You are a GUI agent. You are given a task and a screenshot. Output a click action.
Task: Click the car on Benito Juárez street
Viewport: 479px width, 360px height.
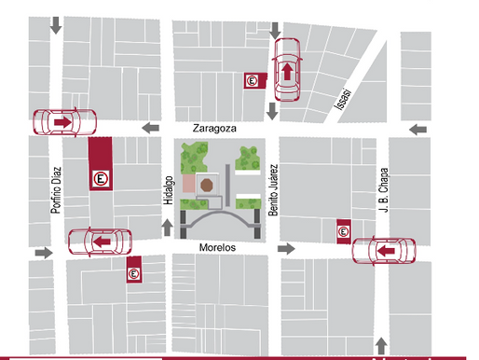(x=287, y=69)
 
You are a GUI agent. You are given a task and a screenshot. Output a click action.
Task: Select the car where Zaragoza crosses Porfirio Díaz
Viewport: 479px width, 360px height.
(x=65, y=122)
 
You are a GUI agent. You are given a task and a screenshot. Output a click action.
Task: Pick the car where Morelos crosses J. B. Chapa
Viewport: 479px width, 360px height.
(x=386, y=250)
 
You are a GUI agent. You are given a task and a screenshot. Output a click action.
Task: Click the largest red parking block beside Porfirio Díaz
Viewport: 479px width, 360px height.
(x=100, y=165)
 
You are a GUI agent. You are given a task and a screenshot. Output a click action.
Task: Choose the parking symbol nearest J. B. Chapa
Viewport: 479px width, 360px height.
(x=343, y=229)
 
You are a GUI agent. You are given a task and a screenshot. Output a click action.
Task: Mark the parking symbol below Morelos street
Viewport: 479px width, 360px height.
(x=133, y=270)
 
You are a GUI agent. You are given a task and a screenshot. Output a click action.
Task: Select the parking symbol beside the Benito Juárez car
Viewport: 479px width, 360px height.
(x=253, y=82)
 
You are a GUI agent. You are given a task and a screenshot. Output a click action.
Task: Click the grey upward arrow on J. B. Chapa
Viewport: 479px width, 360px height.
(x=382, y=342)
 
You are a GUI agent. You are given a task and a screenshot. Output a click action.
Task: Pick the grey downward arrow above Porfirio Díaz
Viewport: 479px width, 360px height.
(x=57, y=25)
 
